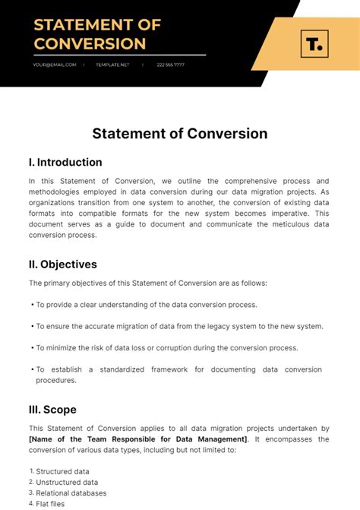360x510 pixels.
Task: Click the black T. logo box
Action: pyautogui.click(x=313, y=44)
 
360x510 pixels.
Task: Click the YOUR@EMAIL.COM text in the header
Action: pyautogui.click(x=54, y=65)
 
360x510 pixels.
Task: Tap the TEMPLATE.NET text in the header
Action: pyautogui.click(x=112, y=65)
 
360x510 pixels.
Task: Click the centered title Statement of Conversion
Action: pyautogui.click(x=180, y=134)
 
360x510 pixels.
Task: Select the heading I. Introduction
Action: pyautogui.click(x=65, y=162)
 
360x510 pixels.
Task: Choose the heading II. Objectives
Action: pyautogui.click(x=63, y=265)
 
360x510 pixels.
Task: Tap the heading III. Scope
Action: pyautogui.click(x=52, y=410)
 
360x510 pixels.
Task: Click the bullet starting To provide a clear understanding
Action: pyautogui.click(x=147, y=305)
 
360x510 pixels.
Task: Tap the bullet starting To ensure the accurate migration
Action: pyautogui.click(x=179, y=326)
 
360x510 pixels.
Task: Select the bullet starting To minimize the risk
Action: pyautogui.click(x=167, y=347)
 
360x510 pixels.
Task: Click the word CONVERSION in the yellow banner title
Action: pyautogui.click(x=90, y=43)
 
